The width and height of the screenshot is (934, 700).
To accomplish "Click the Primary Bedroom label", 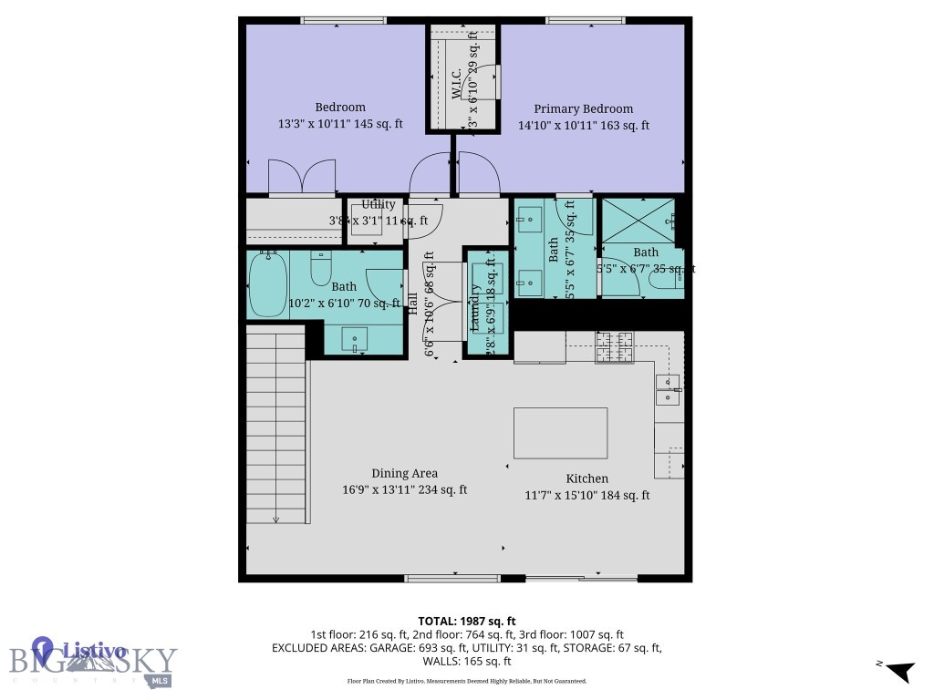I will click(583, 108).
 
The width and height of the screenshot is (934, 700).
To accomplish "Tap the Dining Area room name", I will click(404, 473).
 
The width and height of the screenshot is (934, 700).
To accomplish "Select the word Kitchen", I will click(586, 479).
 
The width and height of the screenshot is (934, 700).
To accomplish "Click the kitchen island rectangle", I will click(560, 433).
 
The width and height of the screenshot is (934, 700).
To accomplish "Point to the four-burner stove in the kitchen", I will click(614, 346).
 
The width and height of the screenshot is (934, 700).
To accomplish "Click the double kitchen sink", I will click(667, 389).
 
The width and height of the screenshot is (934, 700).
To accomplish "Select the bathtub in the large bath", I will click(268, 284).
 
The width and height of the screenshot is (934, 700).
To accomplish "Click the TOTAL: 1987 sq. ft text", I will click(466, 620).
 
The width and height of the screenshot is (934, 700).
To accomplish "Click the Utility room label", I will click(379, 205).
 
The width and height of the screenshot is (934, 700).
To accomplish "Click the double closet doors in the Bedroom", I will click(302, 178).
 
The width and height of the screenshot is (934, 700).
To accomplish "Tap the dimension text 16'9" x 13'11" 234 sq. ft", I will click(404, 489).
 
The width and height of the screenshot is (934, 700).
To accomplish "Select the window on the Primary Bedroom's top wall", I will click(585, 21).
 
